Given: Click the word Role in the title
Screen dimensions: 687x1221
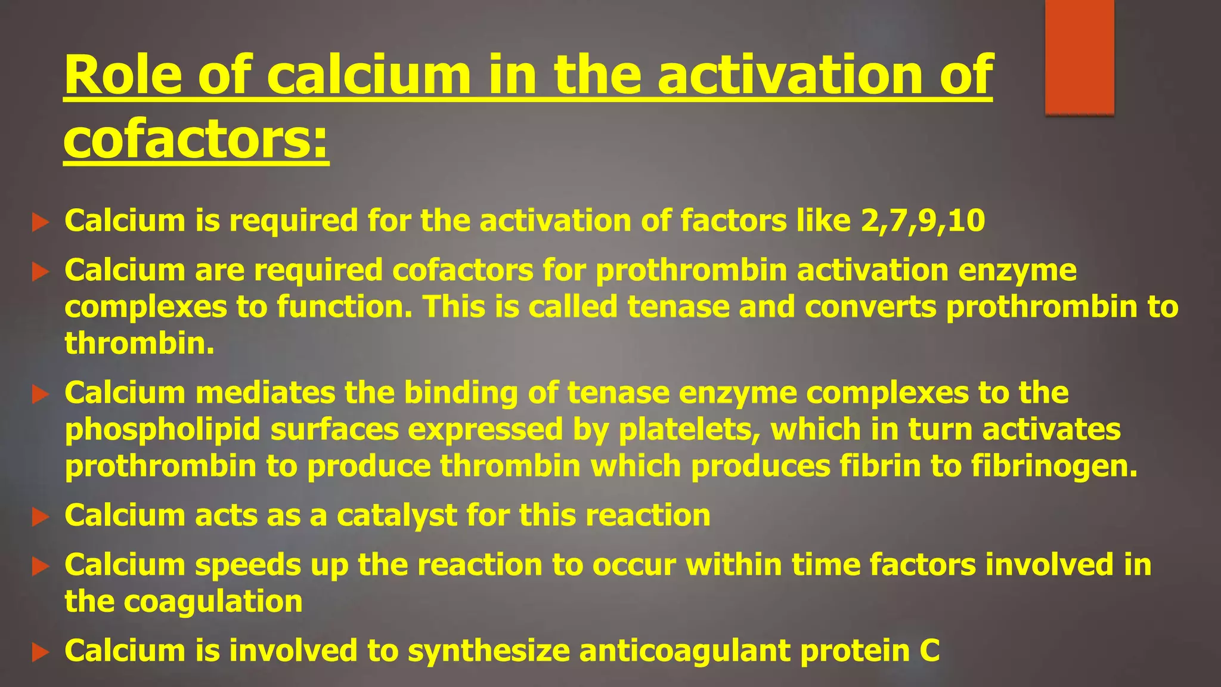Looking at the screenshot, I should (123, 75).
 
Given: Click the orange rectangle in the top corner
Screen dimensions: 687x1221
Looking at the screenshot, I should (1079, 57).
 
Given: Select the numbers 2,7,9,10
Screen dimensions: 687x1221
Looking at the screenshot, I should (922, 221).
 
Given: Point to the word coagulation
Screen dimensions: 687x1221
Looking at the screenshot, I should (213, 602).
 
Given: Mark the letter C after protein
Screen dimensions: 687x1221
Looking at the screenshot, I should (929, 651).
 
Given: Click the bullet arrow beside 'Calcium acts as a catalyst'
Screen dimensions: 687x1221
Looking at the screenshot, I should (40, 516).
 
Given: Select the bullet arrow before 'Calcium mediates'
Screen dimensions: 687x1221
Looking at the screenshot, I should (40, 394).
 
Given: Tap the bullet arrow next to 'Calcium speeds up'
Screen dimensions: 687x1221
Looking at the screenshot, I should (40, 566).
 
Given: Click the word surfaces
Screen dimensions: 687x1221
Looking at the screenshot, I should (334, 430).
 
